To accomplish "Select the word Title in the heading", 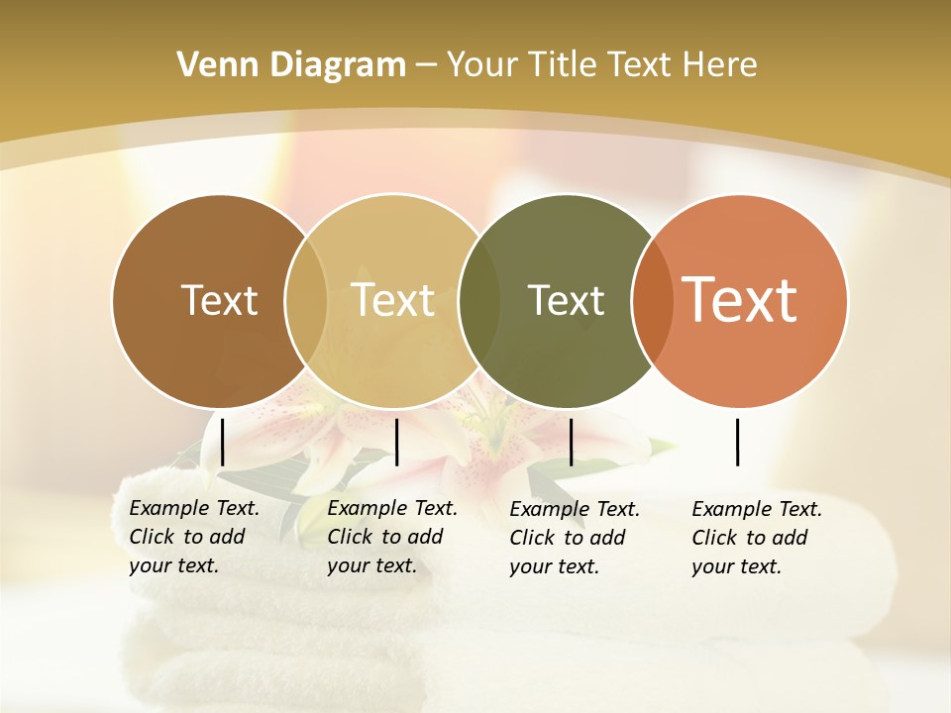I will pos(565,65).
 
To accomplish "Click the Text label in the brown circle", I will pos(219,300).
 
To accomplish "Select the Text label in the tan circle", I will pos(393,300).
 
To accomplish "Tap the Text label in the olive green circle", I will pos(566,300).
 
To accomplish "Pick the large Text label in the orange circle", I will pos(740,300).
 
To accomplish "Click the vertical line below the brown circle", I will pos(222,442).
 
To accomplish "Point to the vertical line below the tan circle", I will pos(396,442).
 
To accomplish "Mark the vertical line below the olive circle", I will pos(571,442).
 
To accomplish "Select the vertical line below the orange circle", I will pos(738,442).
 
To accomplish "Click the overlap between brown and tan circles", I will pos(306,301).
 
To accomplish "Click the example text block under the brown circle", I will pos(193,537).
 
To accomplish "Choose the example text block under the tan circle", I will pos(391,537).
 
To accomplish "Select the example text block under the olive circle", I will pos(574,538).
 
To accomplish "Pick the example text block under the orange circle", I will pos(756,538).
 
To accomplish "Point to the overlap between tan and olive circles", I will pos(478,301).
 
